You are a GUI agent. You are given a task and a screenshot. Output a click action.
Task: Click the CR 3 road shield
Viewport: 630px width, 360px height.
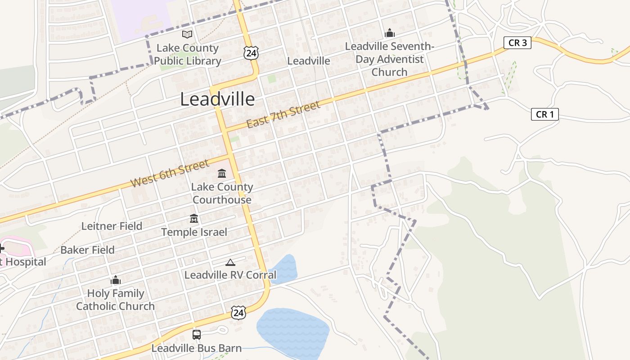click(517, 43)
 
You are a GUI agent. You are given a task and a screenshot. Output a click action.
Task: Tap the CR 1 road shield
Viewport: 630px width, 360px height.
click(544, 114)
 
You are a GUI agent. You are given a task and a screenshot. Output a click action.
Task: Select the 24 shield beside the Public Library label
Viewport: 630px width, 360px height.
click(251, 53)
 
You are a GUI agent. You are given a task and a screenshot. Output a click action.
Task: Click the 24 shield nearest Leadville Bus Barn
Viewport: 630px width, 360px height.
click(238, 312)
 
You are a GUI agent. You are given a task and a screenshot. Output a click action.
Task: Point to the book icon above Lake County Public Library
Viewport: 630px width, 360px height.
click(187, 34)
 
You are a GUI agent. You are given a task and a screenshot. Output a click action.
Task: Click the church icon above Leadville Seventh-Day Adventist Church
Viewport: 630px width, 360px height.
click(389, 33)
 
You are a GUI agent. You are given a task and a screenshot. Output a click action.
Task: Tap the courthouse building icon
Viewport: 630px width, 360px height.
click(222, 173)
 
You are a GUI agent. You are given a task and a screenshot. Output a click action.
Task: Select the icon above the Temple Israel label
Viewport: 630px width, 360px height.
click(194, 219)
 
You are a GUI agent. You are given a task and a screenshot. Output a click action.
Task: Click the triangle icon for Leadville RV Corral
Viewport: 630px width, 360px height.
click(230, 262)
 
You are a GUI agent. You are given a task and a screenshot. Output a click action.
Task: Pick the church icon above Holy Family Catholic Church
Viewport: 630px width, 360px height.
click(116, 280)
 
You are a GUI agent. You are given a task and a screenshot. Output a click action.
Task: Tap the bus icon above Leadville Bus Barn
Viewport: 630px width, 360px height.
click(197, 335)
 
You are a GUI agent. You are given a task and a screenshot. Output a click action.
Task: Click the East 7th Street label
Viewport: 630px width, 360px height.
click(283, 114)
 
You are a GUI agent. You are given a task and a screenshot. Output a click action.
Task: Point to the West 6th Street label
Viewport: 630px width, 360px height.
click(170, 173)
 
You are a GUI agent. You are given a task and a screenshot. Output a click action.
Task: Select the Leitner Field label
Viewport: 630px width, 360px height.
click(112, 226)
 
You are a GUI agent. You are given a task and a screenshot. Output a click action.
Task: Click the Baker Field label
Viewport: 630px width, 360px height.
click(87, 250)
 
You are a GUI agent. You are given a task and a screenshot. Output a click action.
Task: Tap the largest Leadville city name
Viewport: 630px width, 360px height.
click(217, 99)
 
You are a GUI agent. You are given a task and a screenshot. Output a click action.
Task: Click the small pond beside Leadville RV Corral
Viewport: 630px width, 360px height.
click(284, 269)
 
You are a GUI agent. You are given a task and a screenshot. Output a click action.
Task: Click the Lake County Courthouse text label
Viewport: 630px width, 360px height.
click(222, 193)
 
